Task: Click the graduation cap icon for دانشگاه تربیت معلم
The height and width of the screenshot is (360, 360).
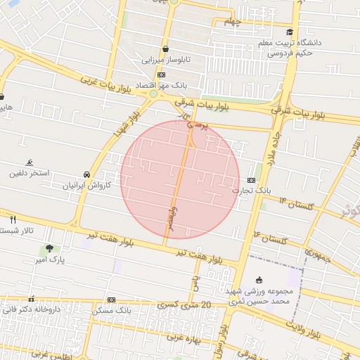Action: point(290,32)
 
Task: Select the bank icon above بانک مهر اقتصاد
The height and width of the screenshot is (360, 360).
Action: point(161,75)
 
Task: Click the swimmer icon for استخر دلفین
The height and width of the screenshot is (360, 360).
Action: point(29,162)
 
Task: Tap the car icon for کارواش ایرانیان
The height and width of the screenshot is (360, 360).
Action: point(86,174)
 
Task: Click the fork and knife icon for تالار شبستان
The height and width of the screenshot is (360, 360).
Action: point(13,219)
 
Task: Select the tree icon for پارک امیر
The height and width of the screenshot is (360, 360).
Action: point(49,248)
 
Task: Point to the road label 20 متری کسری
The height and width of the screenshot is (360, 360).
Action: point(183,304)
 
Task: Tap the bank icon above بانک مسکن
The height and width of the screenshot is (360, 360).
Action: point(111,300)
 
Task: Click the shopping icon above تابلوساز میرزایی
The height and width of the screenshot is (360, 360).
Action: point(165,49)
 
